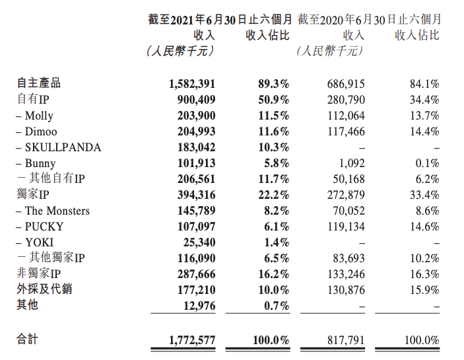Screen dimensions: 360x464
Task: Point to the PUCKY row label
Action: [x=45, y=227]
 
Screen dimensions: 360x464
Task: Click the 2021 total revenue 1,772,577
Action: [x=192, y=340]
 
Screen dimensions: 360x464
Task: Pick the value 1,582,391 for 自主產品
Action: [x=192, y=84]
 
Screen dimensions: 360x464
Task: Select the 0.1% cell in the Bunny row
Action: [x=427, y=163]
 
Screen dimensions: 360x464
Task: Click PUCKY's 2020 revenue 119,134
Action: [x=346, y=227]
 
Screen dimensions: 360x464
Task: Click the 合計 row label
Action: [x=27, y=340]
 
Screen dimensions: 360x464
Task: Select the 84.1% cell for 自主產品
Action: [x=424, y=84]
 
